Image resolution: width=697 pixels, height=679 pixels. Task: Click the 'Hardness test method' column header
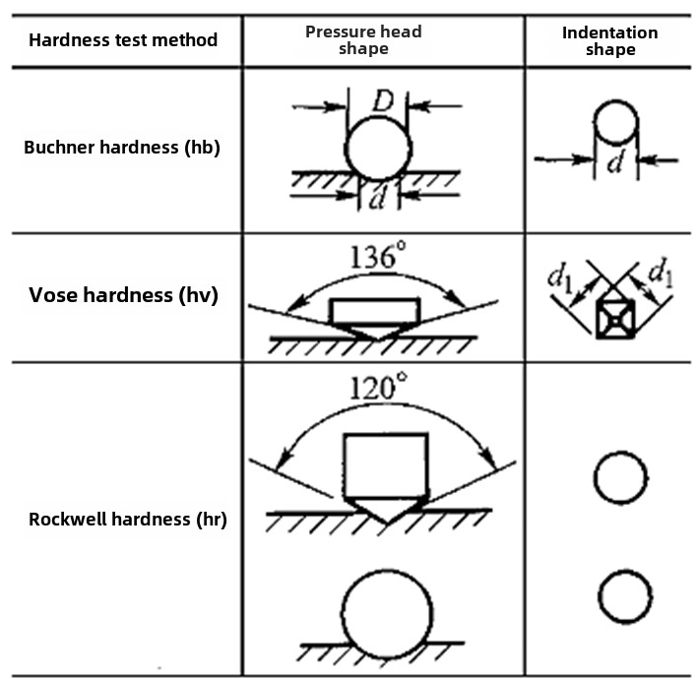tap(122, 40)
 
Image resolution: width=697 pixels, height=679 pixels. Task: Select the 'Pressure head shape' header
tap(363, 40)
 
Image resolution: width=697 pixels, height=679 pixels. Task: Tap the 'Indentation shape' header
tap(609, 40)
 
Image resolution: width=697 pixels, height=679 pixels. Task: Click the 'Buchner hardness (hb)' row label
tap(122, 148)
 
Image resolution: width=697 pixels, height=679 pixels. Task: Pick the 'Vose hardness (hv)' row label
tap(122, 294)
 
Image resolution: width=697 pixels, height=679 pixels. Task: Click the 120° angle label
tap(378, 387)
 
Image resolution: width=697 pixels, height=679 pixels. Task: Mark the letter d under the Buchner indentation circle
tap(614, 163)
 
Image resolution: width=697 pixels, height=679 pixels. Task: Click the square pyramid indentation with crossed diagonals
tap(616, 318)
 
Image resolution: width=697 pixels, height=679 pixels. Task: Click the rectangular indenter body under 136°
tap(375, 311)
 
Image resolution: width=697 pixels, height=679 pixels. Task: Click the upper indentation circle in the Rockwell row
tap(621, 478)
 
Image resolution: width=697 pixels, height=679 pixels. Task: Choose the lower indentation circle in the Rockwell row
tap(624, 595)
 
